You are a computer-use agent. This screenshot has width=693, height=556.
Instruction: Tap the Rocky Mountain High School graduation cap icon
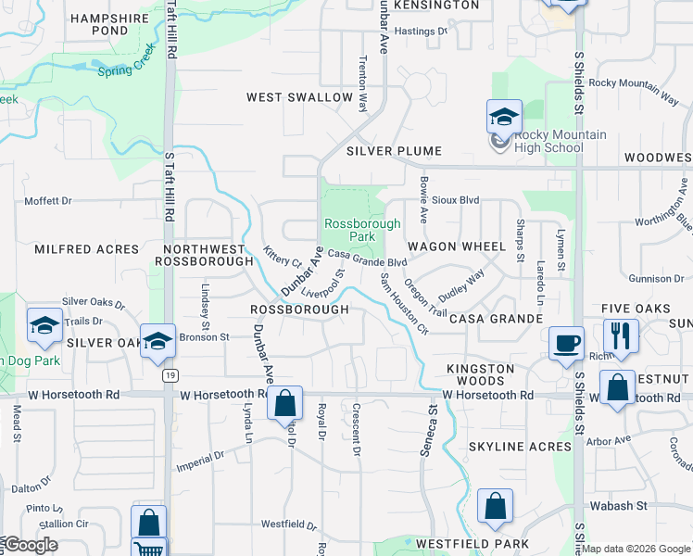[x=504, y=117]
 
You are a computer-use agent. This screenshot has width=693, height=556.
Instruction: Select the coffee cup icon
[x=566, y=343]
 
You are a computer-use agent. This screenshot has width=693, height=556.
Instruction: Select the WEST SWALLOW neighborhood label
[x=299, y=97]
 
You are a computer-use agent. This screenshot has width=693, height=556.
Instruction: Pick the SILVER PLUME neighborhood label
[x=394, y=150]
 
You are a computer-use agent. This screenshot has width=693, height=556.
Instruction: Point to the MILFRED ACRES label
[x=86, y=249]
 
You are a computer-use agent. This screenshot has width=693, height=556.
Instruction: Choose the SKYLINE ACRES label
[x=520, y=447]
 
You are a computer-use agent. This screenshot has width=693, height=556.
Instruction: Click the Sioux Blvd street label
[x=458, y=199]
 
